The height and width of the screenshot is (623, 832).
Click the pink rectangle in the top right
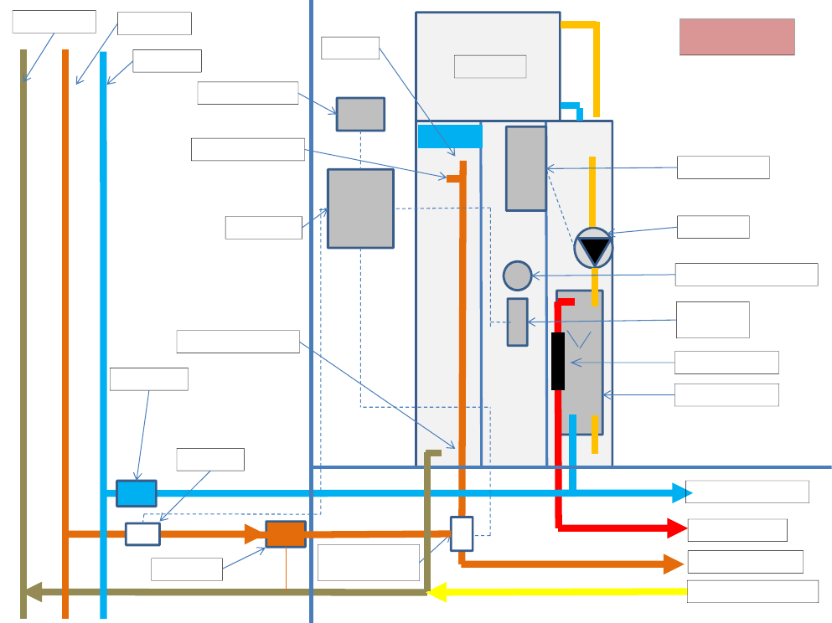click(736, 37)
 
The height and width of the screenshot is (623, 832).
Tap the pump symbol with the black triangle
click(593, 249)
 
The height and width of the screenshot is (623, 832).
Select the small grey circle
click(518, 275)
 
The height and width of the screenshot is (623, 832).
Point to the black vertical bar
click(558, 361)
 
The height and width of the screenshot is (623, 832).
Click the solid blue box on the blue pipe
click(136, 493)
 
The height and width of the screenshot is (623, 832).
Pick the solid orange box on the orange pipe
click(286, 534)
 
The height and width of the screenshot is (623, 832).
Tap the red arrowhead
click(677, 528)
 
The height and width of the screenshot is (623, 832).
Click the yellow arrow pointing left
click(437, 592)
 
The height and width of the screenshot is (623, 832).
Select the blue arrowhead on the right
click(680, 492)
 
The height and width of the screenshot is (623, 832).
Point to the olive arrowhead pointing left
click(33, 592)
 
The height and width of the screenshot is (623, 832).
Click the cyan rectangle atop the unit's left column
click(450, 136)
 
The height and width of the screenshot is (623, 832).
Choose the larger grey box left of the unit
click(360, 209)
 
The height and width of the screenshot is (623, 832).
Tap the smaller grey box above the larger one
click(360, 114)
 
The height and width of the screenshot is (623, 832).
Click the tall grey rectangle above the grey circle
click(525, 168)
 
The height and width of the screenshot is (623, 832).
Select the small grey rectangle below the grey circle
click(517, 322)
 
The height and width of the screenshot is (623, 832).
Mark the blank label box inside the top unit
click(490, 66)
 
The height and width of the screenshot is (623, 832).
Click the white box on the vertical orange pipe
click(462, 533)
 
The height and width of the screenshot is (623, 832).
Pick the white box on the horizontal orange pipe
click(142, 533)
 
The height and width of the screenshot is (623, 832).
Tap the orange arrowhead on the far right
click(674, 564)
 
